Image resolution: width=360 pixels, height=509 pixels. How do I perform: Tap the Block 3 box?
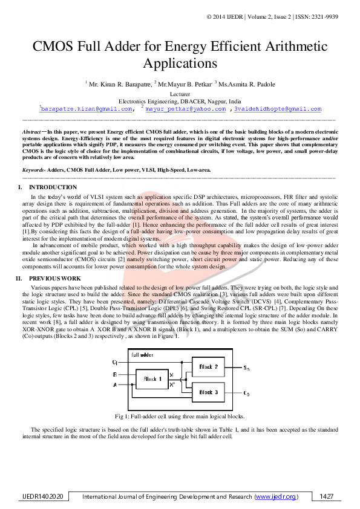pos(209,392)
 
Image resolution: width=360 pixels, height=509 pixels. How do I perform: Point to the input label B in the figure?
pos(115,375)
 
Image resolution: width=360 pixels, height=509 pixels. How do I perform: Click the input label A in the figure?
pos(115,384)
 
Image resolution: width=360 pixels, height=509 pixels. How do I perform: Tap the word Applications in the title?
pos(180,62)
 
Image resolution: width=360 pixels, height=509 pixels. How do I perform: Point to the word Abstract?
pos(32,131)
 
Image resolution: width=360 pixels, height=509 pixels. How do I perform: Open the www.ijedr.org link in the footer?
pos(276,496)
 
